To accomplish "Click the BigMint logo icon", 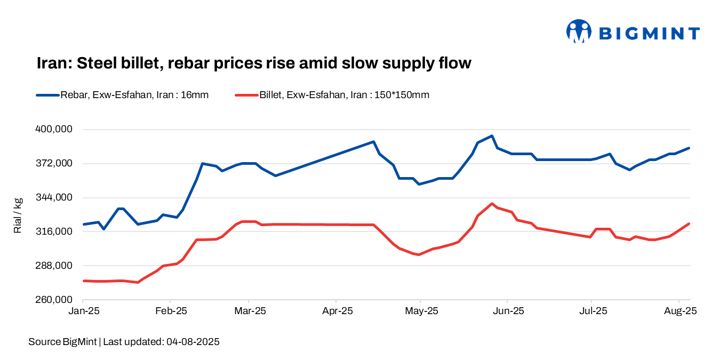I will pyautogui.click(x=579, y=31).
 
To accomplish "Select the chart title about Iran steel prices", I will pyautogui.click(x=254, y=63).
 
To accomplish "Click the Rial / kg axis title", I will pyautogui.click(x=18, y=215).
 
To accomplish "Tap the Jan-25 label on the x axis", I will pyautogui.click(x=84, y=310).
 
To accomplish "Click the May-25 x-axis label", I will pyautogui.click(x=421, y=310).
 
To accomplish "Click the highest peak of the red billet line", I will pyautogui.click(x=492, y=204).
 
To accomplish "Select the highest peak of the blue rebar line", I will pyautogui.click(x=492, y=136).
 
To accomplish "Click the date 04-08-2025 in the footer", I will pyautogui.click(x=193, y=342).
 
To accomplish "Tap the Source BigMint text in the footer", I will pyautogui.click(x=62, y=342).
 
